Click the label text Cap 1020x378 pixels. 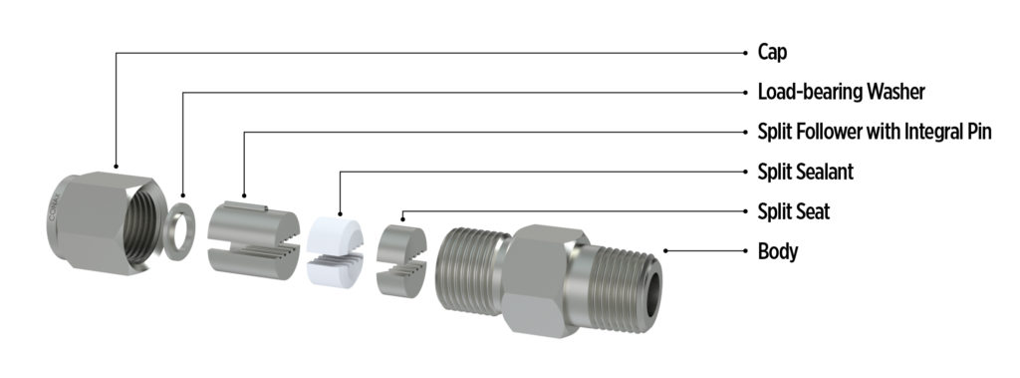[x=772, y=52]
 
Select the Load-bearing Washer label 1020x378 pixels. [x=841, y=92]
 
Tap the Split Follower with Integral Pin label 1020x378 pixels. [x=875, y=132]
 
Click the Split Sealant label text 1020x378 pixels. [x=805, y=173]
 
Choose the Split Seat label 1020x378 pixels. [x=794, y=211]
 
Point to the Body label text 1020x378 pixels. [x=778, y=251]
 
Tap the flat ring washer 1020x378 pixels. [x=179, y=231]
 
